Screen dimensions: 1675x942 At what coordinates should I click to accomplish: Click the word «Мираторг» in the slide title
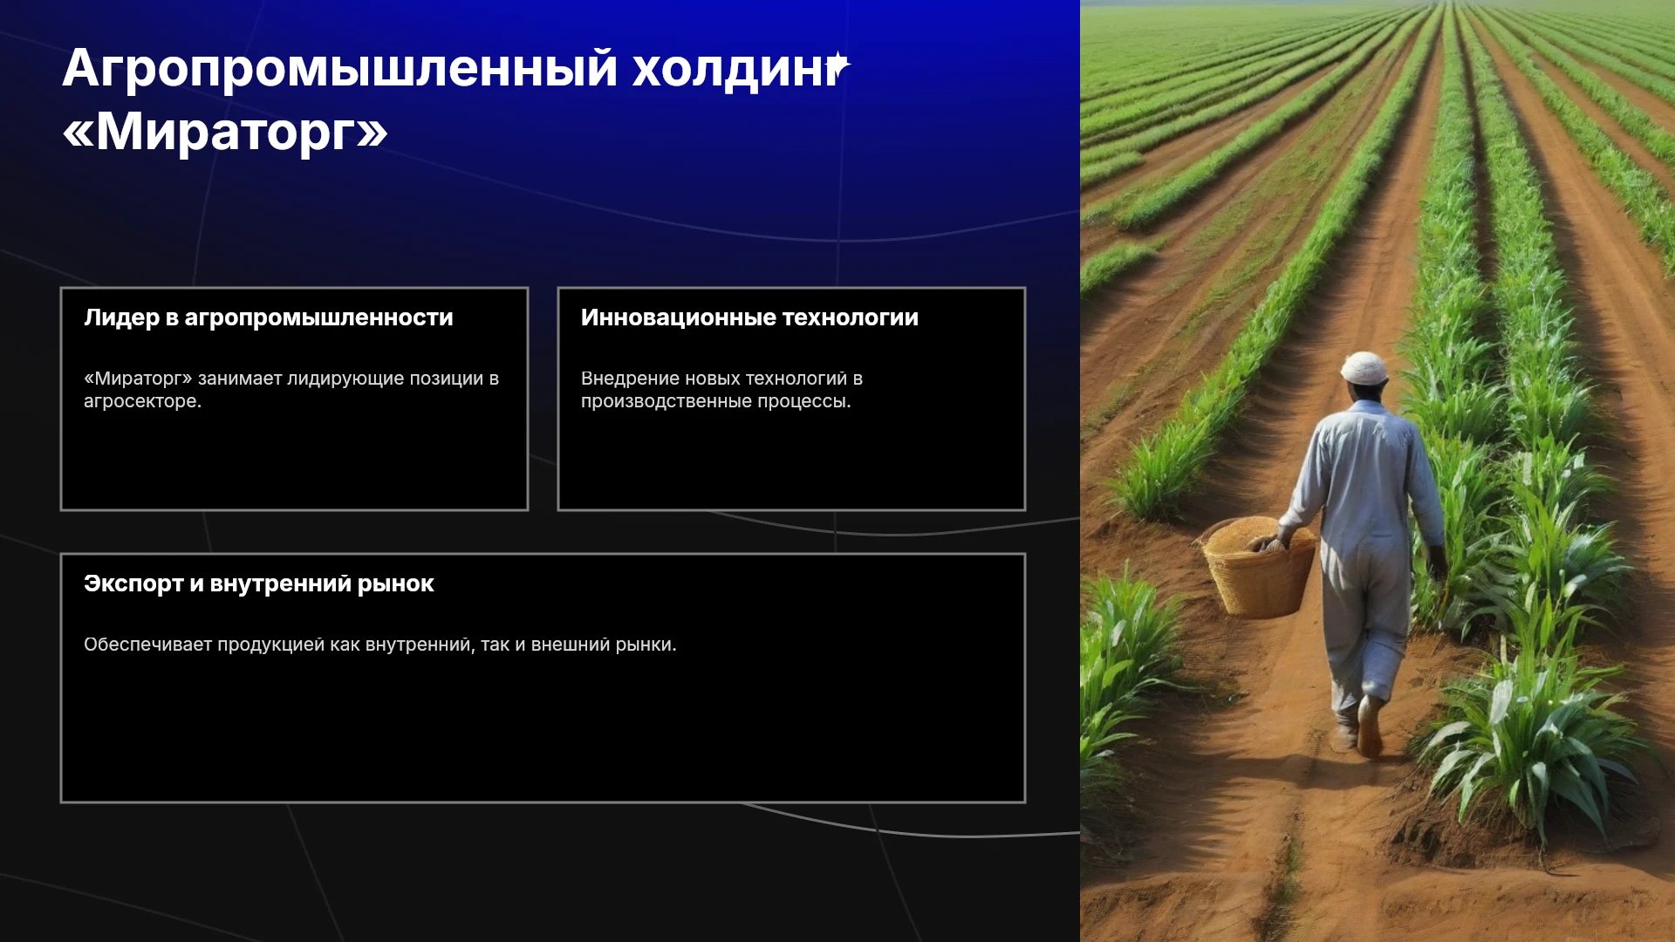tap(225, 132)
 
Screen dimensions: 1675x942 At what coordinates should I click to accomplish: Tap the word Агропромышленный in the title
tap(340, 69)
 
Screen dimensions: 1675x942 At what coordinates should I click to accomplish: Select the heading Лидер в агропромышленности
tap(269, 317)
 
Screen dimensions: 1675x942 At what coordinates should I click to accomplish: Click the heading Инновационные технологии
tap(749, 317)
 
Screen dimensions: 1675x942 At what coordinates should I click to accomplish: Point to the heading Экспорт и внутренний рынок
tap(259, 584)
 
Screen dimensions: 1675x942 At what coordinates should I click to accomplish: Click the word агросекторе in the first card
tap(142, 401)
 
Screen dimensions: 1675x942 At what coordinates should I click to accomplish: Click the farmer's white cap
tap(1364, 368)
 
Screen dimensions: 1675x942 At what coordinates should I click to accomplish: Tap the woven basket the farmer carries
tap(1260, 567)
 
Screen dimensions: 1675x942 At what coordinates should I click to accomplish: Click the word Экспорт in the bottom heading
tap(133, 584)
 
